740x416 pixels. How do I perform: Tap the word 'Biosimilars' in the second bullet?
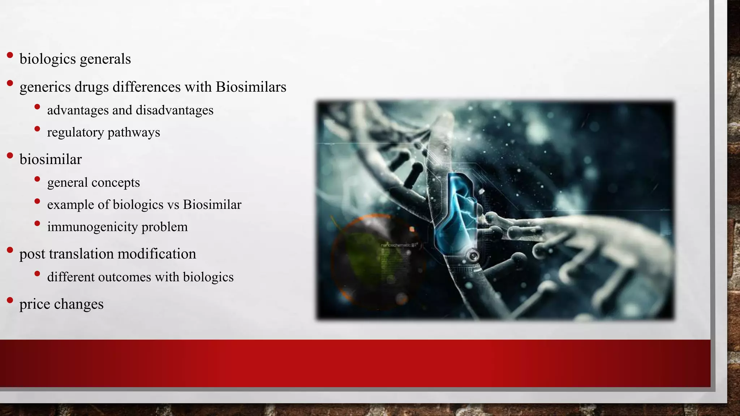(x=251, y=87)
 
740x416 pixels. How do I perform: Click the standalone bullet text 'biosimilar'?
(x=51, y=160)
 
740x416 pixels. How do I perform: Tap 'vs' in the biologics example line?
(x=173, y=205)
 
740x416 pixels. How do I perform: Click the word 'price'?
(x=35, y=304)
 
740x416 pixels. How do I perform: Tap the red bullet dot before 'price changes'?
(x=10, y=300)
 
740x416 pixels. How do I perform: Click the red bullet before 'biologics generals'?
(x=10, y=55)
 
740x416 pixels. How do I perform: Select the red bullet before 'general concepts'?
(x=37, y=179)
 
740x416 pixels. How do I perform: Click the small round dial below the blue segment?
(x=472, y=256)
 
